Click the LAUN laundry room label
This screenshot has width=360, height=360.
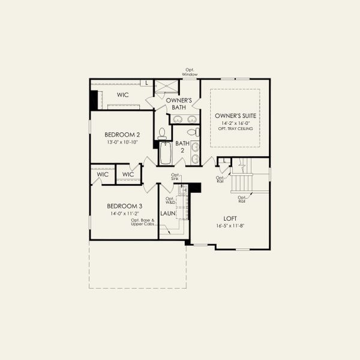coord(167,213)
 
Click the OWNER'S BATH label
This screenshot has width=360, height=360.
coord(179,104)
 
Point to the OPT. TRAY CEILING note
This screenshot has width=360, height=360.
coord(235,129)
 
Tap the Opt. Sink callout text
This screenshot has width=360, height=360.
coord(175,176)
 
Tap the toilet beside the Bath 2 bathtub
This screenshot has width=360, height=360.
coord(162,133)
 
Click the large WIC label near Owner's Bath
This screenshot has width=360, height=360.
coord(123,95)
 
